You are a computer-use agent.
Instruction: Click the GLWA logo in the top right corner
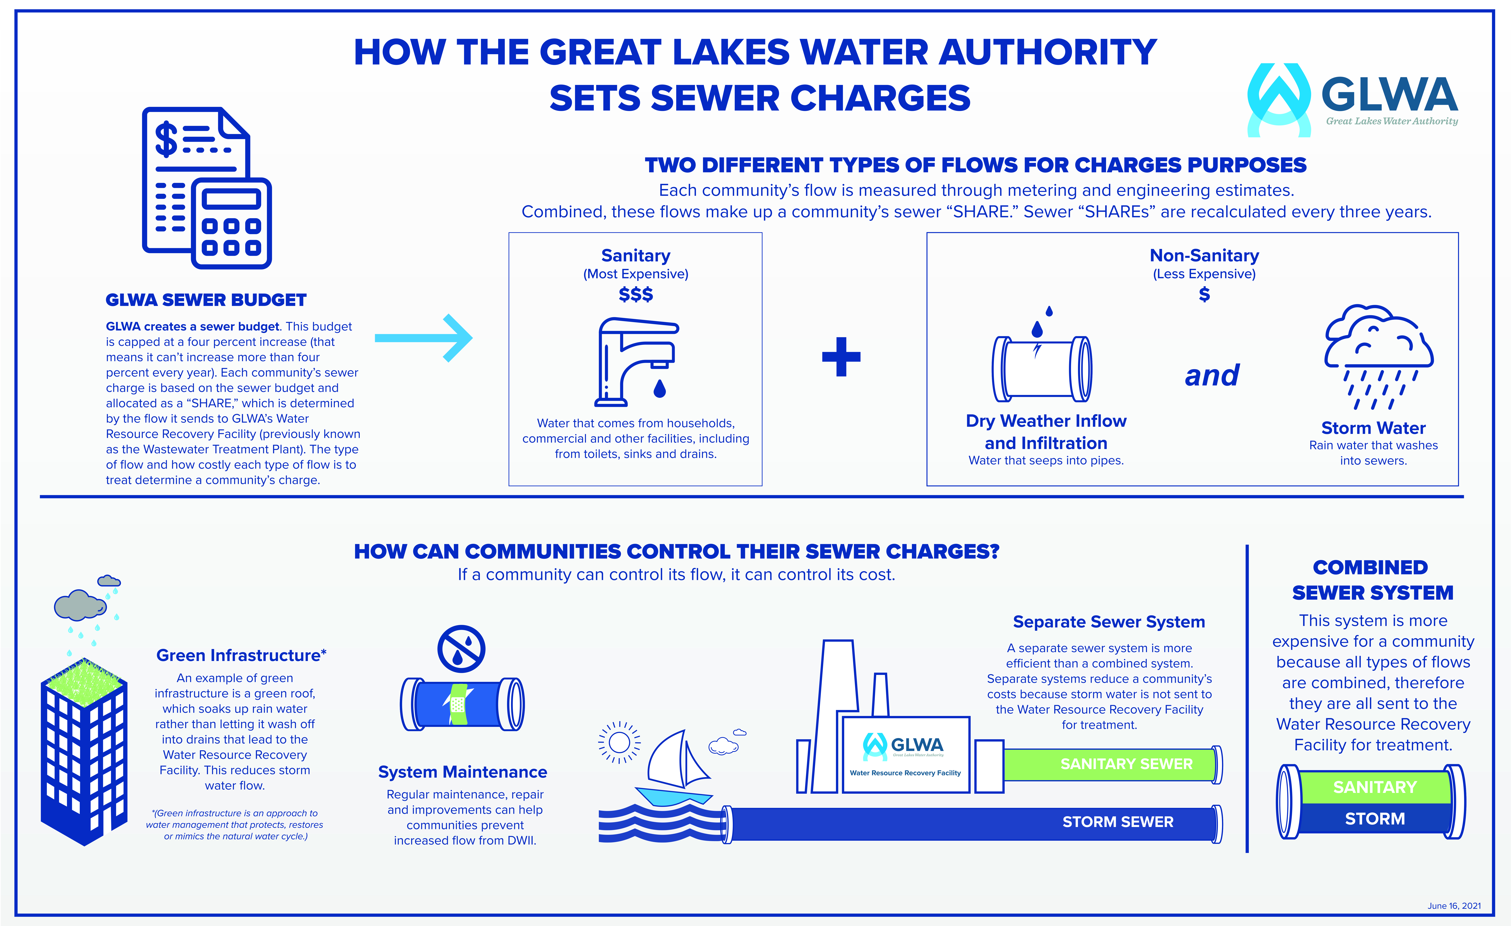click(1352, 100)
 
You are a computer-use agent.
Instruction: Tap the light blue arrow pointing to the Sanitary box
click(423, 338)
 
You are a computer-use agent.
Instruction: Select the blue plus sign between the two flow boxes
click(841, 356)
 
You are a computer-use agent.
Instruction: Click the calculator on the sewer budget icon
click(231, 223)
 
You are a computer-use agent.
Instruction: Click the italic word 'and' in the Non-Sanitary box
click(1212, 375)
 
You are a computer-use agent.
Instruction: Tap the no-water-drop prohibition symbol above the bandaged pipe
click(461, 649)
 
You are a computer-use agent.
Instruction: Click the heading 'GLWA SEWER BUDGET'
click(206, 300)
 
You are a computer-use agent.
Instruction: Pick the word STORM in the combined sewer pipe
click(1375, 819)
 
